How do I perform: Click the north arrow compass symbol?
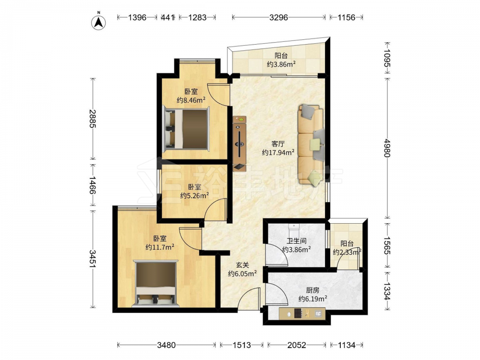pyautogui.click(x=98, y=22)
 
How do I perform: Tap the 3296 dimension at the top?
pyautogui.click(x=278, y=17)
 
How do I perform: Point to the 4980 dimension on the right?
pyautogui.click(x=387, y=148)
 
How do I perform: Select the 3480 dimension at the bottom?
pyautogui.click(x=166, y=345)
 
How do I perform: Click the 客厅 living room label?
pyautogui.click(x=278, y=144)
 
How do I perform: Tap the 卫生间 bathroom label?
pyautogui.click(x=296, y=241)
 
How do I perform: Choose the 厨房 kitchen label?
pyautogui.click(x=312, y=290)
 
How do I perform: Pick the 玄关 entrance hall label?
pyautogui.click(x=242, y=265)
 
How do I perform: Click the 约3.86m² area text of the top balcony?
pyautogui.click(x=281, y=64)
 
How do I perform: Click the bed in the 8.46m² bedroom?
pyautogui.click(x=186, y=129)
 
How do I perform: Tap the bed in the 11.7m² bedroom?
pyautogui.click(x=156, y=283)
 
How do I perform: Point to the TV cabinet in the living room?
pyautogui.click(x=240, y=143)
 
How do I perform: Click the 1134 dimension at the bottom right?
pyautogui.click(x=347, y=345)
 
